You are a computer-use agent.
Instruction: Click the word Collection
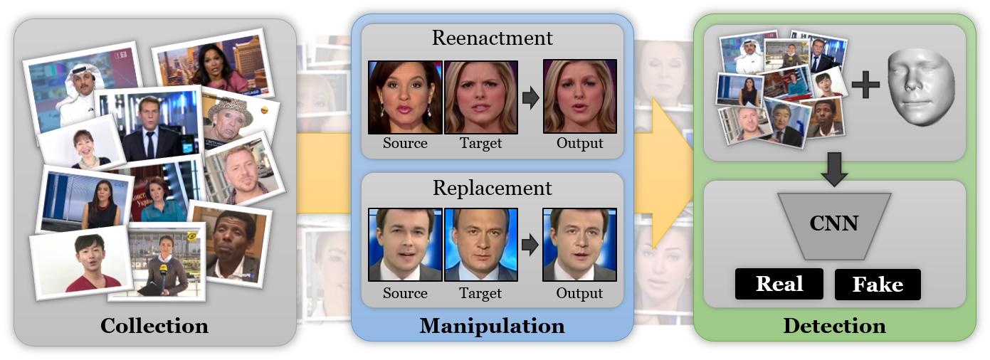(154, 326)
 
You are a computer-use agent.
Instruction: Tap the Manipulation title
(492, 326)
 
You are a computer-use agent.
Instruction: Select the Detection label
(834, 326)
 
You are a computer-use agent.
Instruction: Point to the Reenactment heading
(492, 37)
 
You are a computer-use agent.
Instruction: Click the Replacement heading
(492, 188)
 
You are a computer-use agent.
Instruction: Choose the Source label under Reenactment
(405, 143)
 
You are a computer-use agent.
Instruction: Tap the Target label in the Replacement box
(480, 293)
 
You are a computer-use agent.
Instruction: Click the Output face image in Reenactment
(579, 97)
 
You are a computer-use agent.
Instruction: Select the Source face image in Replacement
(405, 244)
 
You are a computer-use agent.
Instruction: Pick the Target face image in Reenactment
(480, 97)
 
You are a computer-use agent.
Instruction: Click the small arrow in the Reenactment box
(530, 97)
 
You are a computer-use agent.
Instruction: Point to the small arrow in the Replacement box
(530, 245)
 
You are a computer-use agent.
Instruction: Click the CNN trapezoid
(834, 225)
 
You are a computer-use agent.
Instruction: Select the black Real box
(779, 284)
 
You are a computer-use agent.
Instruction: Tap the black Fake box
(878, 285)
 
